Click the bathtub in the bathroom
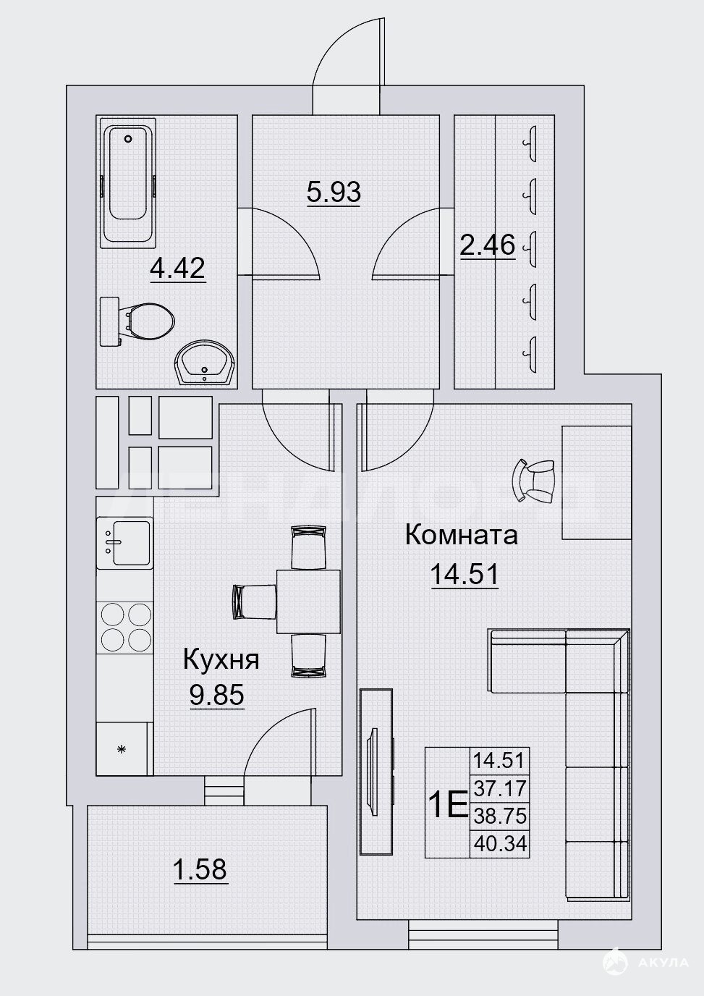(x=128, y=183)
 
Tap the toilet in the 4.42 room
(x=137, y=321)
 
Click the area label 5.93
(x=334, y=192)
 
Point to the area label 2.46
(x=488, y=245)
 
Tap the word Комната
(x=462, y=535)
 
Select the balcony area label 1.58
(x=200, y=869)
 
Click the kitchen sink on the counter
(x=125, y=543)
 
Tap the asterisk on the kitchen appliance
(x=121, y=750)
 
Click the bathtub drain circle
(x=129, y=139)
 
